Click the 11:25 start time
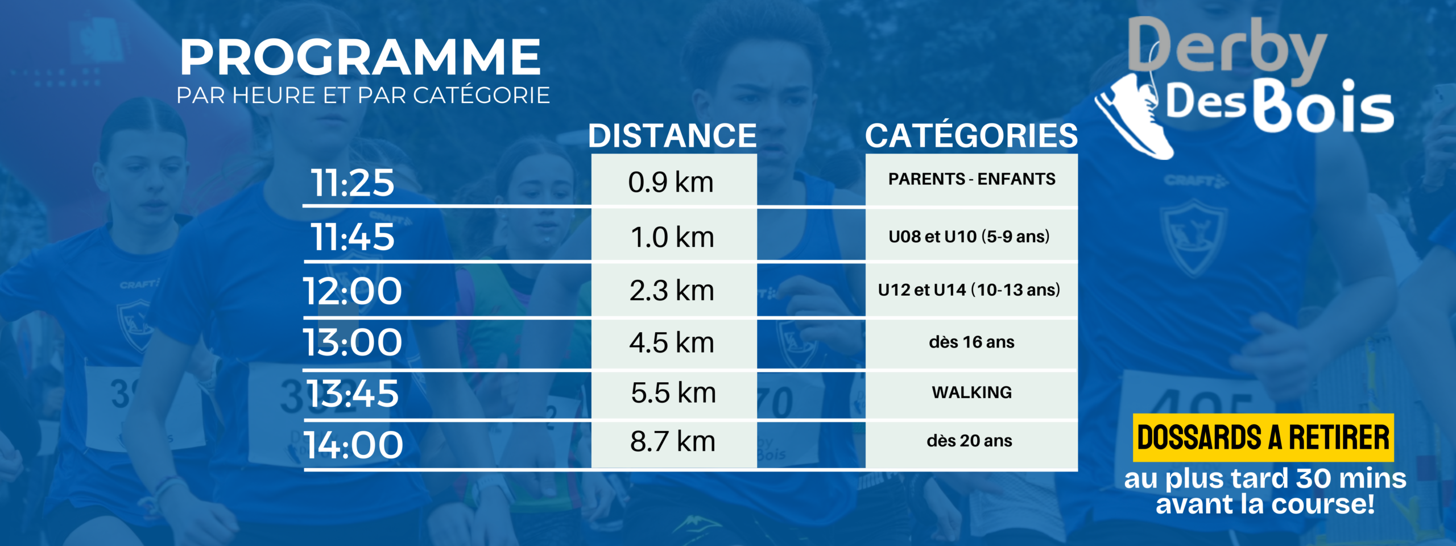point(353,183)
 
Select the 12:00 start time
point(353,291)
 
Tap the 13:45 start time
point(353,393)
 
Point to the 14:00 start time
point(354,444)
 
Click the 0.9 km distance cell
point(674,180)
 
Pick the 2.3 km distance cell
point(674,290)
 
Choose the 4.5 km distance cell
point(674,343)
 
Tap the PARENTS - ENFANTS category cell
point(971,180)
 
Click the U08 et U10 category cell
point(971,235)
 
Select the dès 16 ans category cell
point(971,343)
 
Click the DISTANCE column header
point(672,135)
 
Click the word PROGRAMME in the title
point(361,57)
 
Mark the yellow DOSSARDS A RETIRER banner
point(1263,437)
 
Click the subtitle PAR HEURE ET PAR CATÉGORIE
point(363,95)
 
